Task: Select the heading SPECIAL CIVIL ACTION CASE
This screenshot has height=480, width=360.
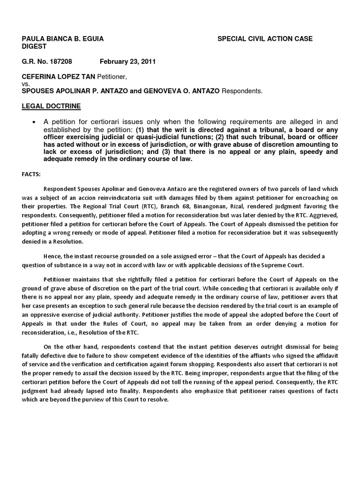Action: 265,38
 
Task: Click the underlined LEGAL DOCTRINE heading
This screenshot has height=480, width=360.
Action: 51,106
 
